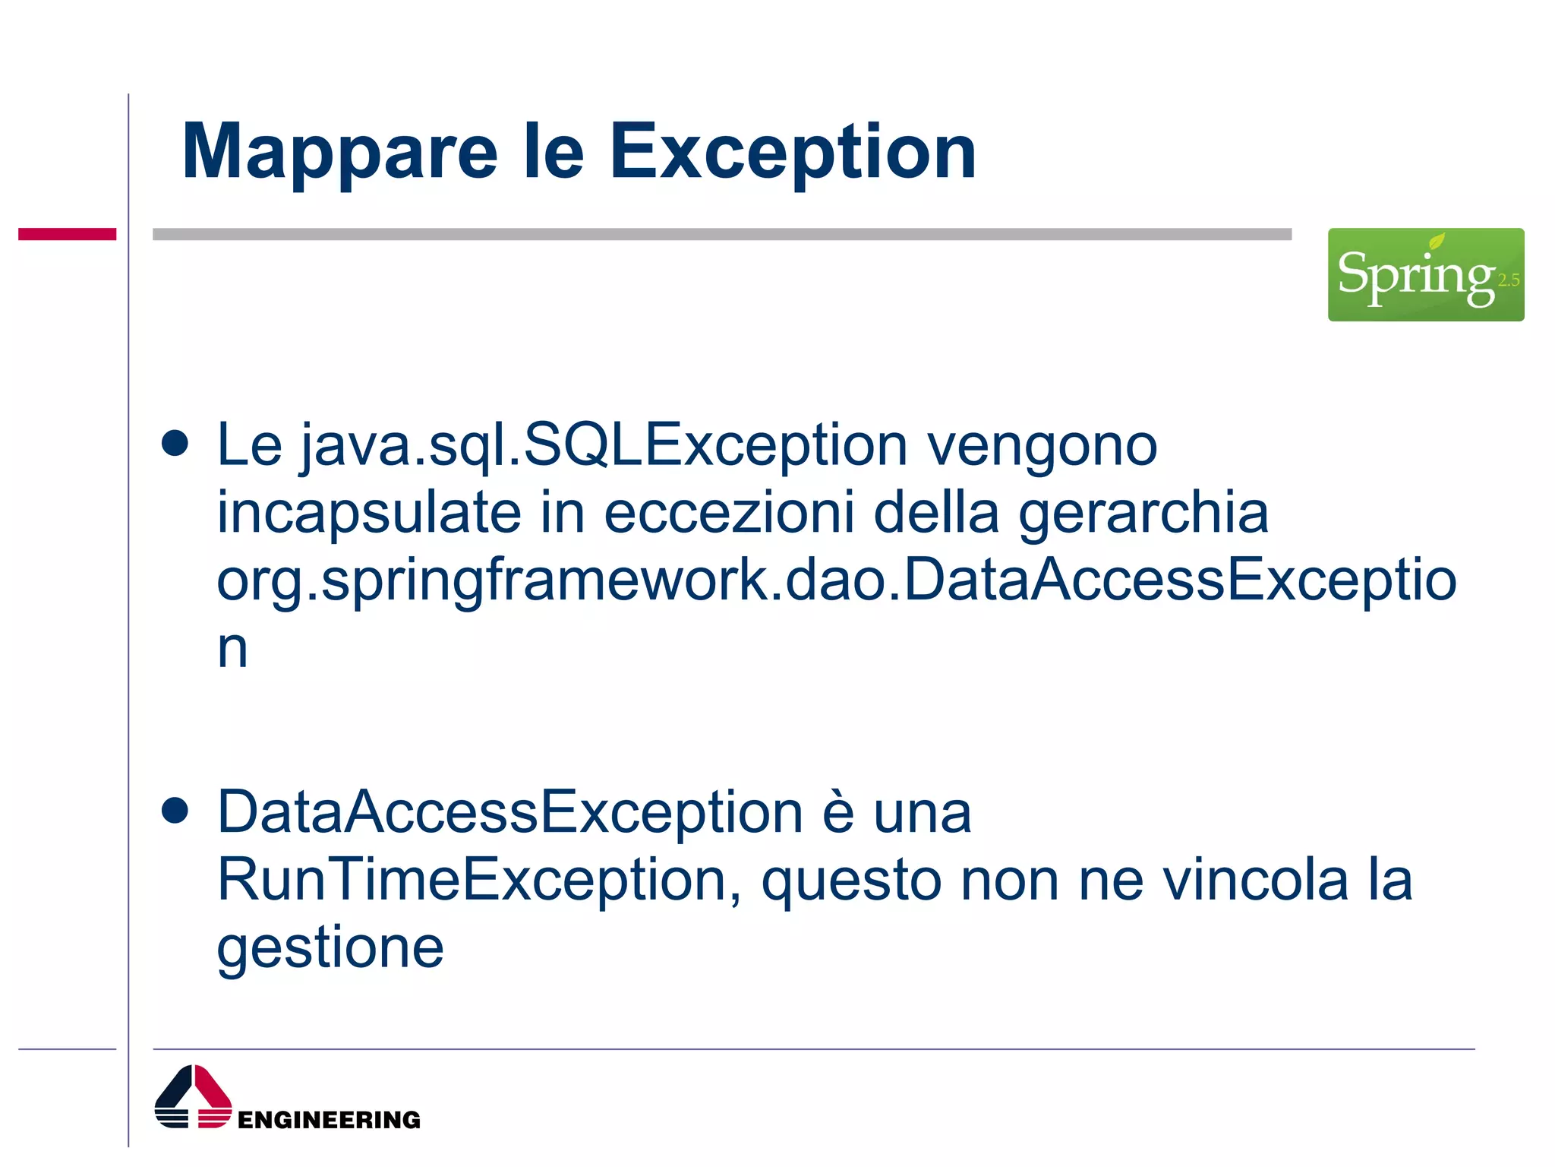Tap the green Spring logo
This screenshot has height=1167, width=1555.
pos(1424,274)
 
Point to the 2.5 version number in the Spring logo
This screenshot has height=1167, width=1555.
pos(1508,280)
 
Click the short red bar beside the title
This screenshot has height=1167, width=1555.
pos(67,234)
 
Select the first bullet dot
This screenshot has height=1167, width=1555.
pos(175,444)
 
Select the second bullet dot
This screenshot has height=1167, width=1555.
pos(175,811)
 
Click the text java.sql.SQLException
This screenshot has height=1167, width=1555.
pos(604,446)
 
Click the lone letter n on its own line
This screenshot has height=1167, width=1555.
pos(232,650)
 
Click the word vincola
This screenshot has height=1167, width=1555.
pos(1255,880)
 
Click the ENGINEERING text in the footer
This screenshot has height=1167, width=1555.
pos(329,1119)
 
